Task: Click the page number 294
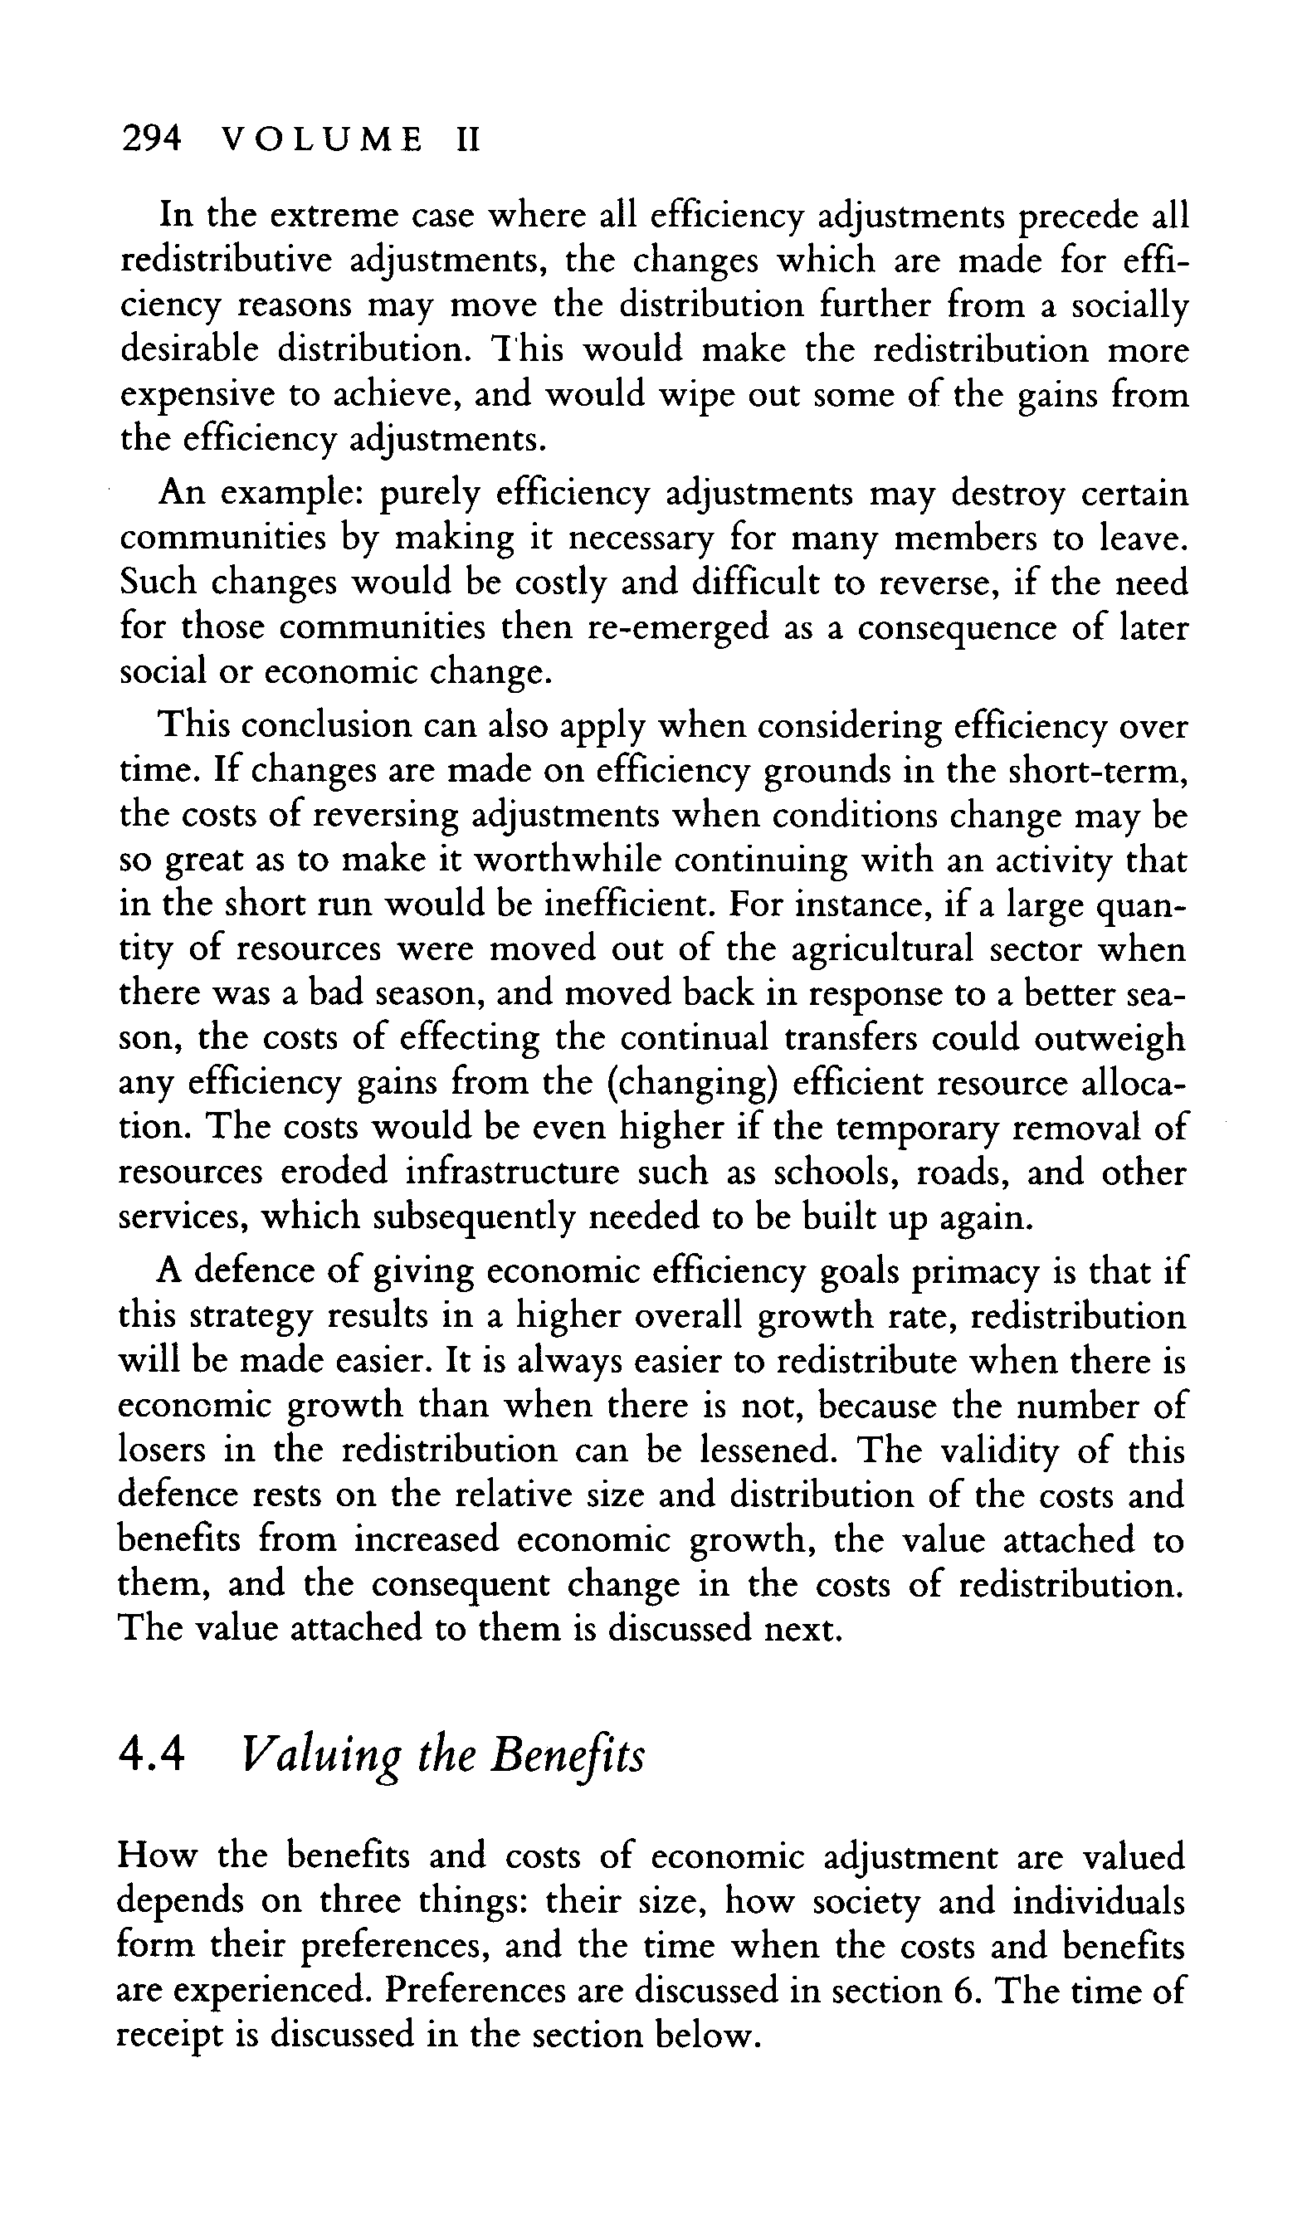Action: click(151, 139)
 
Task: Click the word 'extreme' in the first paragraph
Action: click(326, 216)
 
